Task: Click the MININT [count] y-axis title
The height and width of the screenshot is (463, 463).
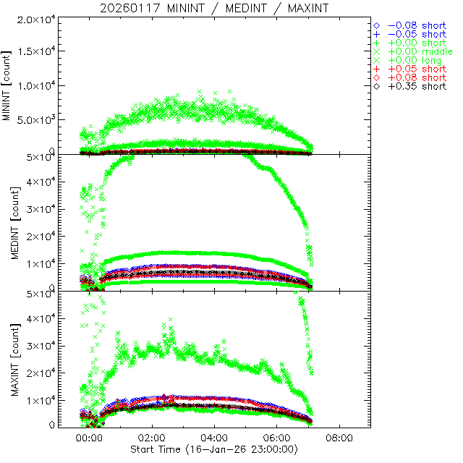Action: tap(8, 85)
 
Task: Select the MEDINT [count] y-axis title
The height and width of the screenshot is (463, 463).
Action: tap(8, 221)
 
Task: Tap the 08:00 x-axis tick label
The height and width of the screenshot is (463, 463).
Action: tap(340, 438)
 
